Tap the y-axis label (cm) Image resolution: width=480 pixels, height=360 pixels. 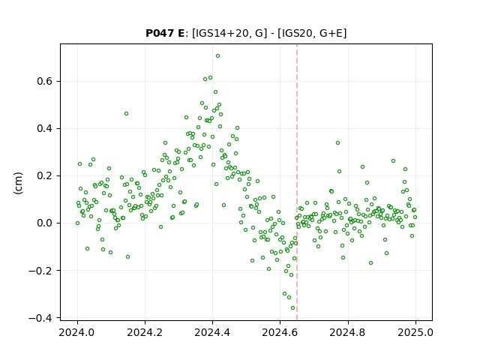18,183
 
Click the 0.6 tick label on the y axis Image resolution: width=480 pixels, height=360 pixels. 45,81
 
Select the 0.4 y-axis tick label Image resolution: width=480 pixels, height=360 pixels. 45,128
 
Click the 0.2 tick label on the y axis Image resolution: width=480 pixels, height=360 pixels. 45,175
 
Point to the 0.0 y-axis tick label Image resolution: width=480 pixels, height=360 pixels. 45,223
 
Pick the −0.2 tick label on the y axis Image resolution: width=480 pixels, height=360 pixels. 40,270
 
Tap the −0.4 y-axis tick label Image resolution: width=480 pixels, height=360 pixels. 40,318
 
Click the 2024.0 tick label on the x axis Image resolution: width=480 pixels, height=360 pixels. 76,332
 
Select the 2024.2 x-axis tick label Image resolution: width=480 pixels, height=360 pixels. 145,332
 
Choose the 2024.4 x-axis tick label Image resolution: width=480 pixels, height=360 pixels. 212,332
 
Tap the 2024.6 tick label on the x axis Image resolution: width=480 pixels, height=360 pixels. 280,332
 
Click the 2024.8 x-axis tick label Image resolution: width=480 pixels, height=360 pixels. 347,332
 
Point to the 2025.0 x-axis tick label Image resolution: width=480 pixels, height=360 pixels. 415,332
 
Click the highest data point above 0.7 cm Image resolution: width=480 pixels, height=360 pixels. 217,56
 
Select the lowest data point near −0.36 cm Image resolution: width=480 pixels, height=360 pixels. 292,308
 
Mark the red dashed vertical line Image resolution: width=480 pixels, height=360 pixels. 297,182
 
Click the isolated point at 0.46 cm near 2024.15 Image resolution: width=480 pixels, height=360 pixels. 126,113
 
